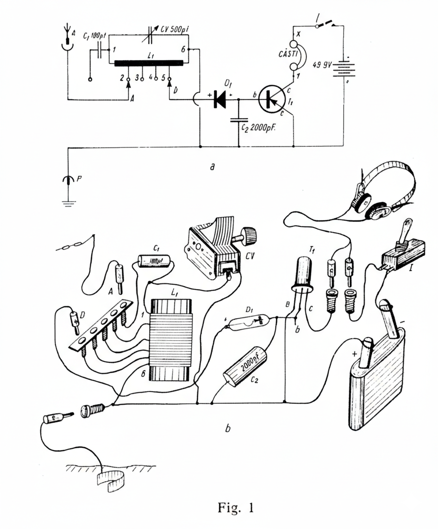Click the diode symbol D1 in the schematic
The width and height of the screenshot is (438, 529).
[219, 100]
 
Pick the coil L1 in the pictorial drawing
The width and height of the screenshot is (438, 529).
[171, 340]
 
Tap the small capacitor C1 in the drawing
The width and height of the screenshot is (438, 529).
[155, 260]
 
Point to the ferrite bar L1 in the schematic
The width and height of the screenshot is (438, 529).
[148, 63]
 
